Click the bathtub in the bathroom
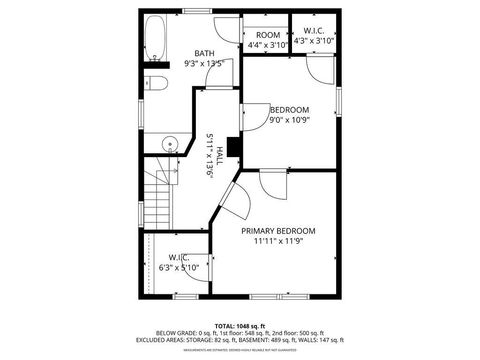click(156, 40)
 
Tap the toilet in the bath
click(152, 82)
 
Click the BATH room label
click(204, 53)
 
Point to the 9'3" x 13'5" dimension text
click(204, 63)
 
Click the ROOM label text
click(267, 35)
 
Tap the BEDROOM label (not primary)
click(289, 109)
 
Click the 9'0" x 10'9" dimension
click(289, 120)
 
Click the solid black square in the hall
click(234, 147)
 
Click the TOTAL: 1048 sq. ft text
click(240, 326)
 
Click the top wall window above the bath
click(195, 11)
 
